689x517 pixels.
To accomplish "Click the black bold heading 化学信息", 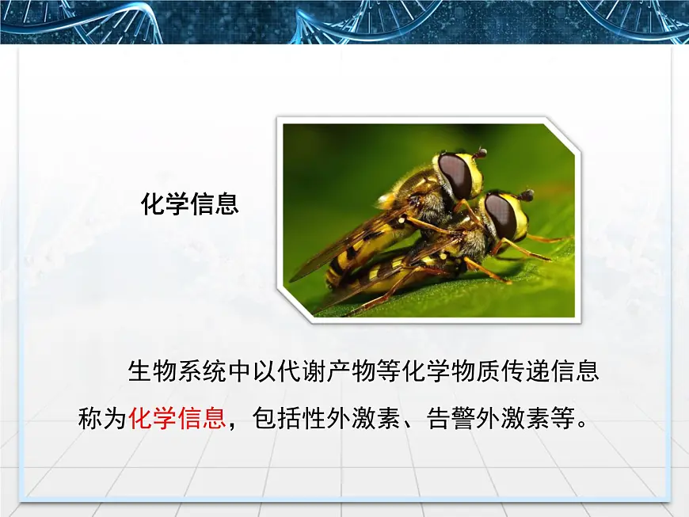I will tap(189, 204).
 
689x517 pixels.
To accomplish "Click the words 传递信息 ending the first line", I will tap(560, 371).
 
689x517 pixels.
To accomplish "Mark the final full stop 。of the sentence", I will tap(584, 422).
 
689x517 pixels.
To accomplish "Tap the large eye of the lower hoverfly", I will tap(501, 215).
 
